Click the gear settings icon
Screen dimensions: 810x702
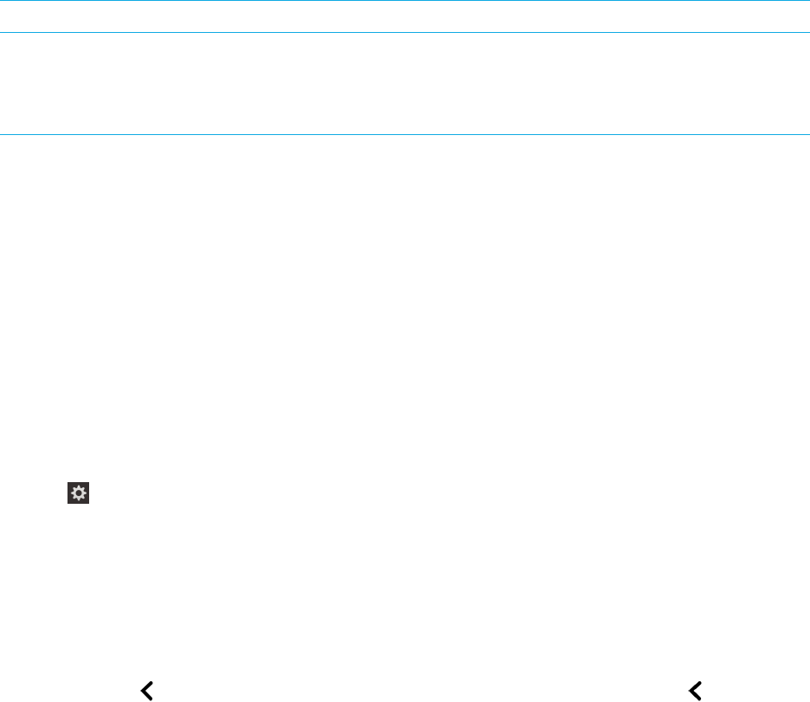[79, 494]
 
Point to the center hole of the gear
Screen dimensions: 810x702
[79, 494]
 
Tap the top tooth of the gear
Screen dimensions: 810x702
[79, 486]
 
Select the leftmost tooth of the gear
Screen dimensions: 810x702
[71, 494]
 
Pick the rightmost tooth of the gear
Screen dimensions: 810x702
[87, 494]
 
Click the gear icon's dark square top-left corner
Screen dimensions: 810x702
[68, 484]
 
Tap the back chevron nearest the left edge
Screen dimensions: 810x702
[147, 690]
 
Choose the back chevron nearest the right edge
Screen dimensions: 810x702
[694, 690]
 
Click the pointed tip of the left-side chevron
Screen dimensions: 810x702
[143, 690]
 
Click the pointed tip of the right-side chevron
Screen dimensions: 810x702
[690, 690]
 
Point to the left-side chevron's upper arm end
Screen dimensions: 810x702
[151, 683]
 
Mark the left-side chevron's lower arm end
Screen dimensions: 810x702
[151, 697]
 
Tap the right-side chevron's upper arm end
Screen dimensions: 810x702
[697, 683]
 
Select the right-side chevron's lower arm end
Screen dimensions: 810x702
[697, 697]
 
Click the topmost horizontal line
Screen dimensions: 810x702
[405, 1]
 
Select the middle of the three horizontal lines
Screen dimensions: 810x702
[405, 33]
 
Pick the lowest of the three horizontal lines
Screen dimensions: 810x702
[405, 134]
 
